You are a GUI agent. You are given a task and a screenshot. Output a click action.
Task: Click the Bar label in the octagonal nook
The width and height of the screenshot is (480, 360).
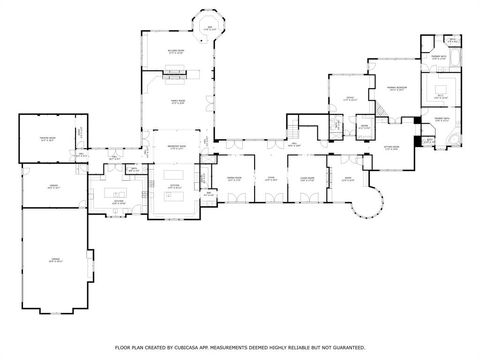coord(207,28)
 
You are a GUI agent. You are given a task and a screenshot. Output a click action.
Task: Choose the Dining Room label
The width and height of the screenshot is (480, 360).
coord(237,179)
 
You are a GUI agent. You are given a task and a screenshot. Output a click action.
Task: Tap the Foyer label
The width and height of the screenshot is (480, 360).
coord(270,179)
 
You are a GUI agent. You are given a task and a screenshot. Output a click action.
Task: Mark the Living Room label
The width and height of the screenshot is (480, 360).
coord(308,179)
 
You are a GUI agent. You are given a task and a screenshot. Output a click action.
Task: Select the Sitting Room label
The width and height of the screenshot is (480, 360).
coord(392,147)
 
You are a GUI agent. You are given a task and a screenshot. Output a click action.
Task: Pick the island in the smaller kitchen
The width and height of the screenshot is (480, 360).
coord(112,191)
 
